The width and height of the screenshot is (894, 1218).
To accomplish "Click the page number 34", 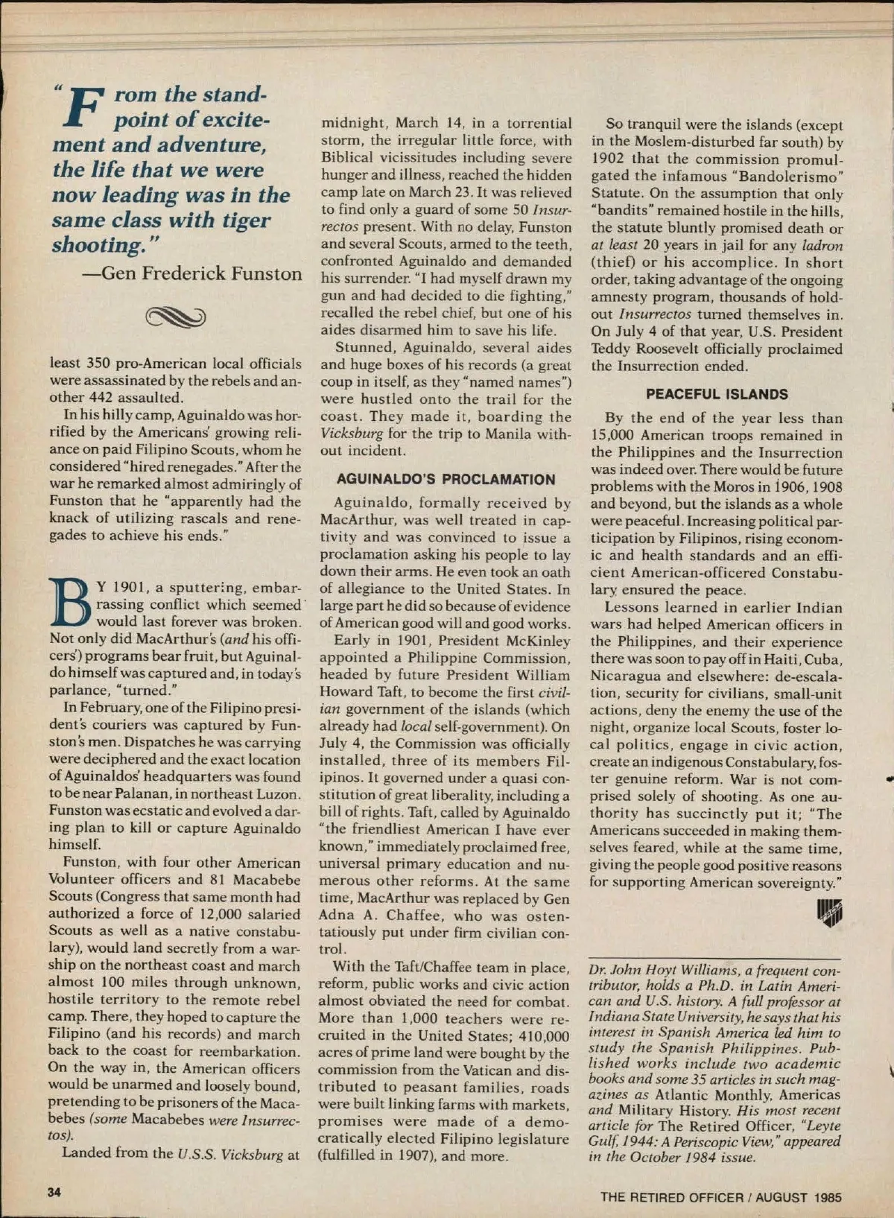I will click(54, 1191).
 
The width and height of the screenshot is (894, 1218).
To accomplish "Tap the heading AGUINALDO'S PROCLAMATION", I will click(446, 480).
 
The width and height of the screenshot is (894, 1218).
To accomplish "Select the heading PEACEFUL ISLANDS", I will click(716, 395).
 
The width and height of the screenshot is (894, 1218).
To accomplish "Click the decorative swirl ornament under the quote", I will click(176, 317).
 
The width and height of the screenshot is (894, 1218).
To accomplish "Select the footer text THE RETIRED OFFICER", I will click(672, 1197).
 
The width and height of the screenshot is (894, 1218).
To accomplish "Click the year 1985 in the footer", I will click(827, 1197).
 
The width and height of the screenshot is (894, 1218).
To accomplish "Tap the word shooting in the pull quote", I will click(94, 245).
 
